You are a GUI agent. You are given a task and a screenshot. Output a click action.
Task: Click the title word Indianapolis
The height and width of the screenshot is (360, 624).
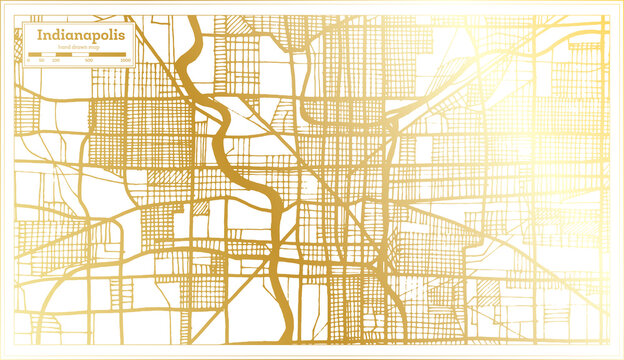83,35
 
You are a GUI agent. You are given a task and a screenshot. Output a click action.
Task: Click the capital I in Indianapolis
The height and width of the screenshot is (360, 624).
40,35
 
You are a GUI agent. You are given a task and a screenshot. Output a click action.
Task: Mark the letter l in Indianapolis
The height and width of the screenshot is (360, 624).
117,35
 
